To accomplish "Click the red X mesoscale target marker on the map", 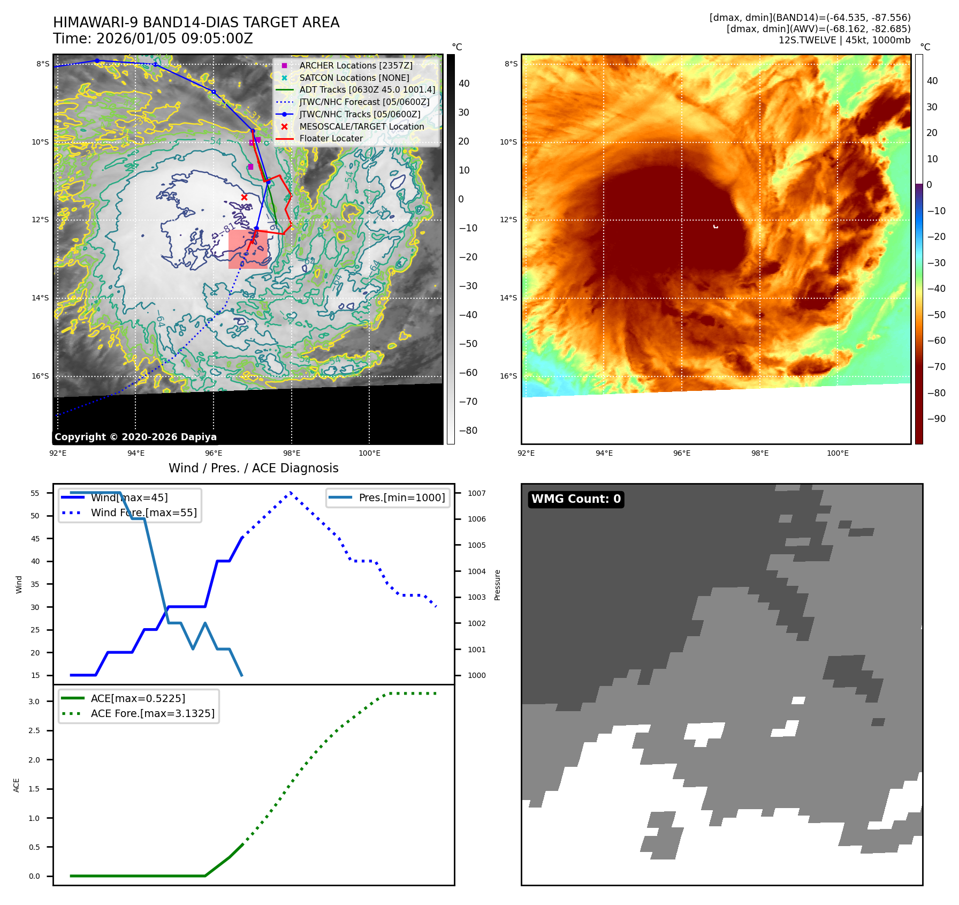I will point(244,197).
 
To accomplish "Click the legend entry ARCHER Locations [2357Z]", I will point(356,65).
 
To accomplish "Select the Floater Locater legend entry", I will point(331,138).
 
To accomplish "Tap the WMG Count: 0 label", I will point(576,499).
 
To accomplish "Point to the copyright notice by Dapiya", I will point(135,437).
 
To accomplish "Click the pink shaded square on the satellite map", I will point(248,249).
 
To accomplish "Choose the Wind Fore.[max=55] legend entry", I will point(143,512).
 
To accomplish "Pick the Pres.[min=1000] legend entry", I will point(401,497).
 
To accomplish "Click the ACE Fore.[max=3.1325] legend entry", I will point(153,713).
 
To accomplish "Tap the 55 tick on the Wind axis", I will point(35,493).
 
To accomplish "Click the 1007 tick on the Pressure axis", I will point(476,493).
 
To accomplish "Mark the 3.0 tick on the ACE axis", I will point(34,702).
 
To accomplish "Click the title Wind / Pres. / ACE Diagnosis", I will point(253,468).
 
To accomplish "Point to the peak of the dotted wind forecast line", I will point(291,492).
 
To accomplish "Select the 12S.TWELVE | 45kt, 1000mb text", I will point(844,40).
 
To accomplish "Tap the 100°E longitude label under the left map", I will point(369,453).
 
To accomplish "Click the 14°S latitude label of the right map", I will point(508,298).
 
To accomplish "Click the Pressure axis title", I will point(497,585).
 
